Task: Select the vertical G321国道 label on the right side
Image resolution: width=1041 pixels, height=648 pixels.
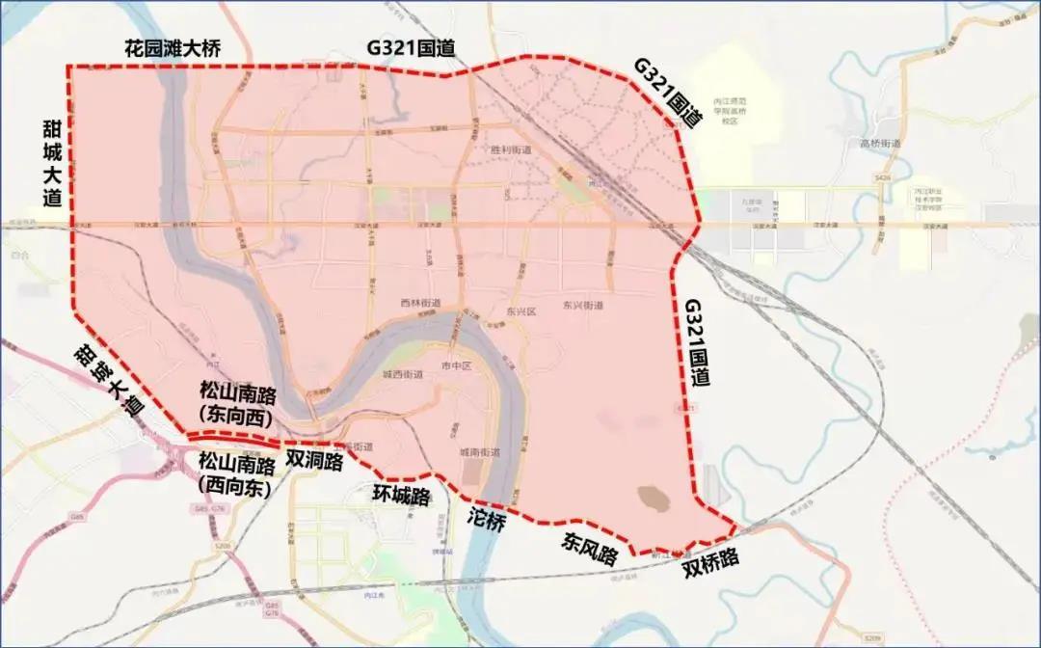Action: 696,342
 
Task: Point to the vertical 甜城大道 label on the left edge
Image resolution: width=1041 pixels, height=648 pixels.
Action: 52,163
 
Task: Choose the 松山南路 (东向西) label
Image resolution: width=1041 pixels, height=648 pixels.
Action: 236,403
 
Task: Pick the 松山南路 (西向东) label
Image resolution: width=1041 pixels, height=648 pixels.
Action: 236,472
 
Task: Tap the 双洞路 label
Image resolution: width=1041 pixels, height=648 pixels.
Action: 314,461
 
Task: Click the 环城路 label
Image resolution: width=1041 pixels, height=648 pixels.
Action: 401,495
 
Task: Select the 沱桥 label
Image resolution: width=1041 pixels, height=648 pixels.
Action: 487,521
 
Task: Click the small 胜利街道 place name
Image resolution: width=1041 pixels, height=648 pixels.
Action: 511,150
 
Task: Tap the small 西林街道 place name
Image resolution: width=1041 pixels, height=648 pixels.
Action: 420,303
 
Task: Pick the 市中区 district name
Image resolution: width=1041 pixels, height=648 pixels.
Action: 454,366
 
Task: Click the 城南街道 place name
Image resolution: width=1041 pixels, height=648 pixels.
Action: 479,452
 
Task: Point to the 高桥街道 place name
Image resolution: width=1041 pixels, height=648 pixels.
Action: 879,144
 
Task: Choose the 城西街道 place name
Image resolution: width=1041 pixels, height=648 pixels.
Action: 402,374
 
